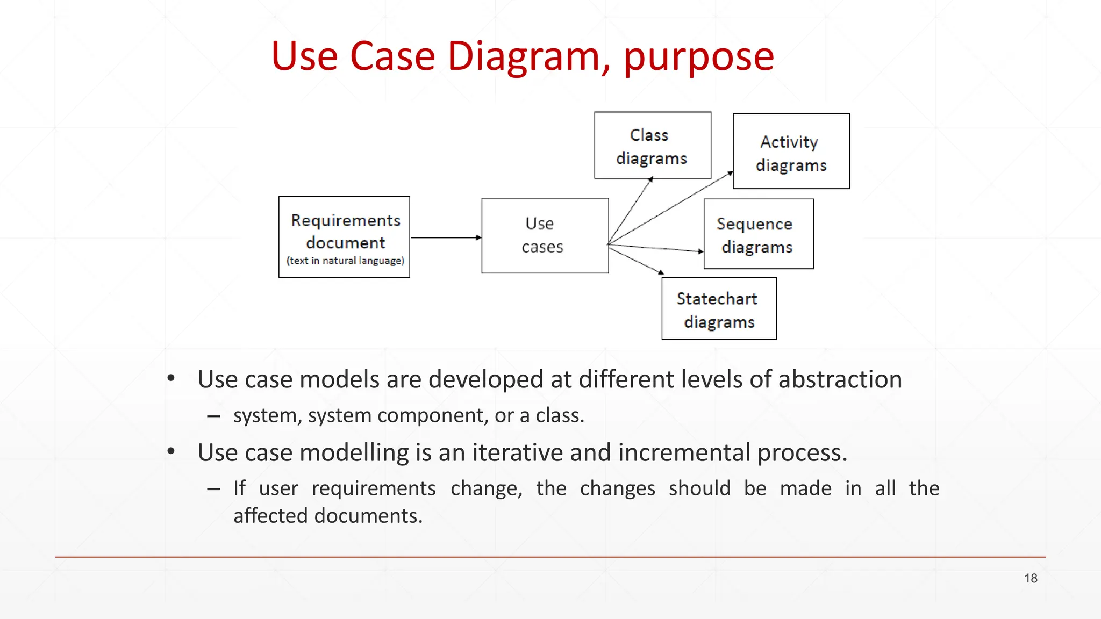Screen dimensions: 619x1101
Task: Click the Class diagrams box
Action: tap(653, 145)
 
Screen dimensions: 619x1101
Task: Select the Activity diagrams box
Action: tap(791, 151)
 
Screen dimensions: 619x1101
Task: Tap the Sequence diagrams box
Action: tap(758, 234)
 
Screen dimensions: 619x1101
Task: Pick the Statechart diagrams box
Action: tap(719, 308)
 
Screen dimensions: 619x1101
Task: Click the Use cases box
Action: tap(545, 235)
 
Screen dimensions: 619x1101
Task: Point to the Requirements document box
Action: tap(344, 236)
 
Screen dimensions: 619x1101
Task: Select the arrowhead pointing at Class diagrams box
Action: tap(650, 180)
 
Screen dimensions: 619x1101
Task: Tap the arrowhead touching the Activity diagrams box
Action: tap(730, 174)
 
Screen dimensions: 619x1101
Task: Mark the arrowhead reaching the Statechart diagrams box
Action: tap(661, 272)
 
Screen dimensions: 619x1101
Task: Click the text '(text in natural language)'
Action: tap(345, 261)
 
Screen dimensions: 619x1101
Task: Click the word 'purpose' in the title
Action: tap(698, 56)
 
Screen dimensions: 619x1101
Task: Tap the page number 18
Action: tap(1030, 578)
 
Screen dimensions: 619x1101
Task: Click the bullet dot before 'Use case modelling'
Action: tap(171, 451)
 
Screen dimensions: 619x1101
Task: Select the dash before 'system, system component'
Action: tap(213, 416)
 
